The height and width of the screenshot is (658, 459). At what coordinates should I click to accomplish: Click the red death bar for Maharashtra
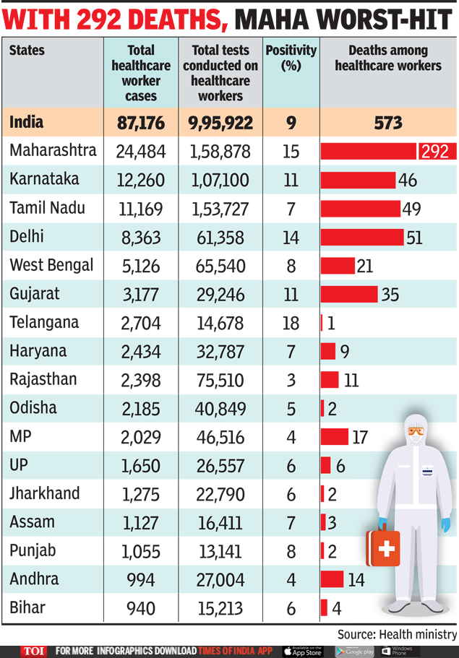click(369, 151)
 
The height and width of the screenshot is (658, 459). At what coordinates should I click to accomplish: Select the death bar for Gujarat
click(349, 294)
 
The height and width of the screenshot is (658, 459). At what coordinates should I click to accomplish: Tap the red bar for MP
click(335, 436)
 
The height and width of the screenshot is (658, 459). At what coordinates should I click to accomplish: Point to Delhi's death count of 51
click(414, 237)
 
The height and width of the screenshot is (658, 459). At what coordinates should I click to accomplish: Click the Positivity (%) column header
click(291, 58)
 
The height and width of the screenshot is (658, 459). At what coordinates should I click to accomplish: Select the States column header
click(27, 51)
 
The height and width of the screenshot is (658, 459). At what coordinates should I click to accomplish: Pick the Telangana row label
click(44, 322)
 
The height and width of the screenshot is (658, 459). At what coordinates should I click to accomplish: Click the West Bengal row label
click(51, 265)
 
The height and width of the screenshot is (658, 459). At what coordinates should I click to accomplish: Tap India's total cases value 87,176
click(141, 123)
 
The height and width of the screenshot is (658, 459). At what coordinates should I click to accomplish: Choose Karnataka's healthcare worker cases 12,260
click(141, 180)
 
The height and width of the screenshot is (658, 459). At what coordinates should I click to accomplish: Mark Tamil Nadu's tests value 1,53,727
click(220, 209)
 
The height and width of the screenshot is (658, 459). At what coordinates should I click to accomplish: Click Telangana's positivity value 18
click(291, 323)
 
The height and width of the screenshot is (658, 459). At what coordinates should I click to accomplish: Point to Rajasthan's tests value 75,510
click(220, 380)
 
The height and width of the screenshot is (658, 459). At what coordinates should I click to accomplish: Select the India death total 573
click(388, 123)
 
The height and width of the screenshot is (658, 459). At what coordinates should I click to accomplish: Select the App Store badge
click(301, 651)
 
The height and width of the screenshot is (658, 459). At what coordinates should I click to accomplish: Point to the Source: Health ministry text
click(397, 634)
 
